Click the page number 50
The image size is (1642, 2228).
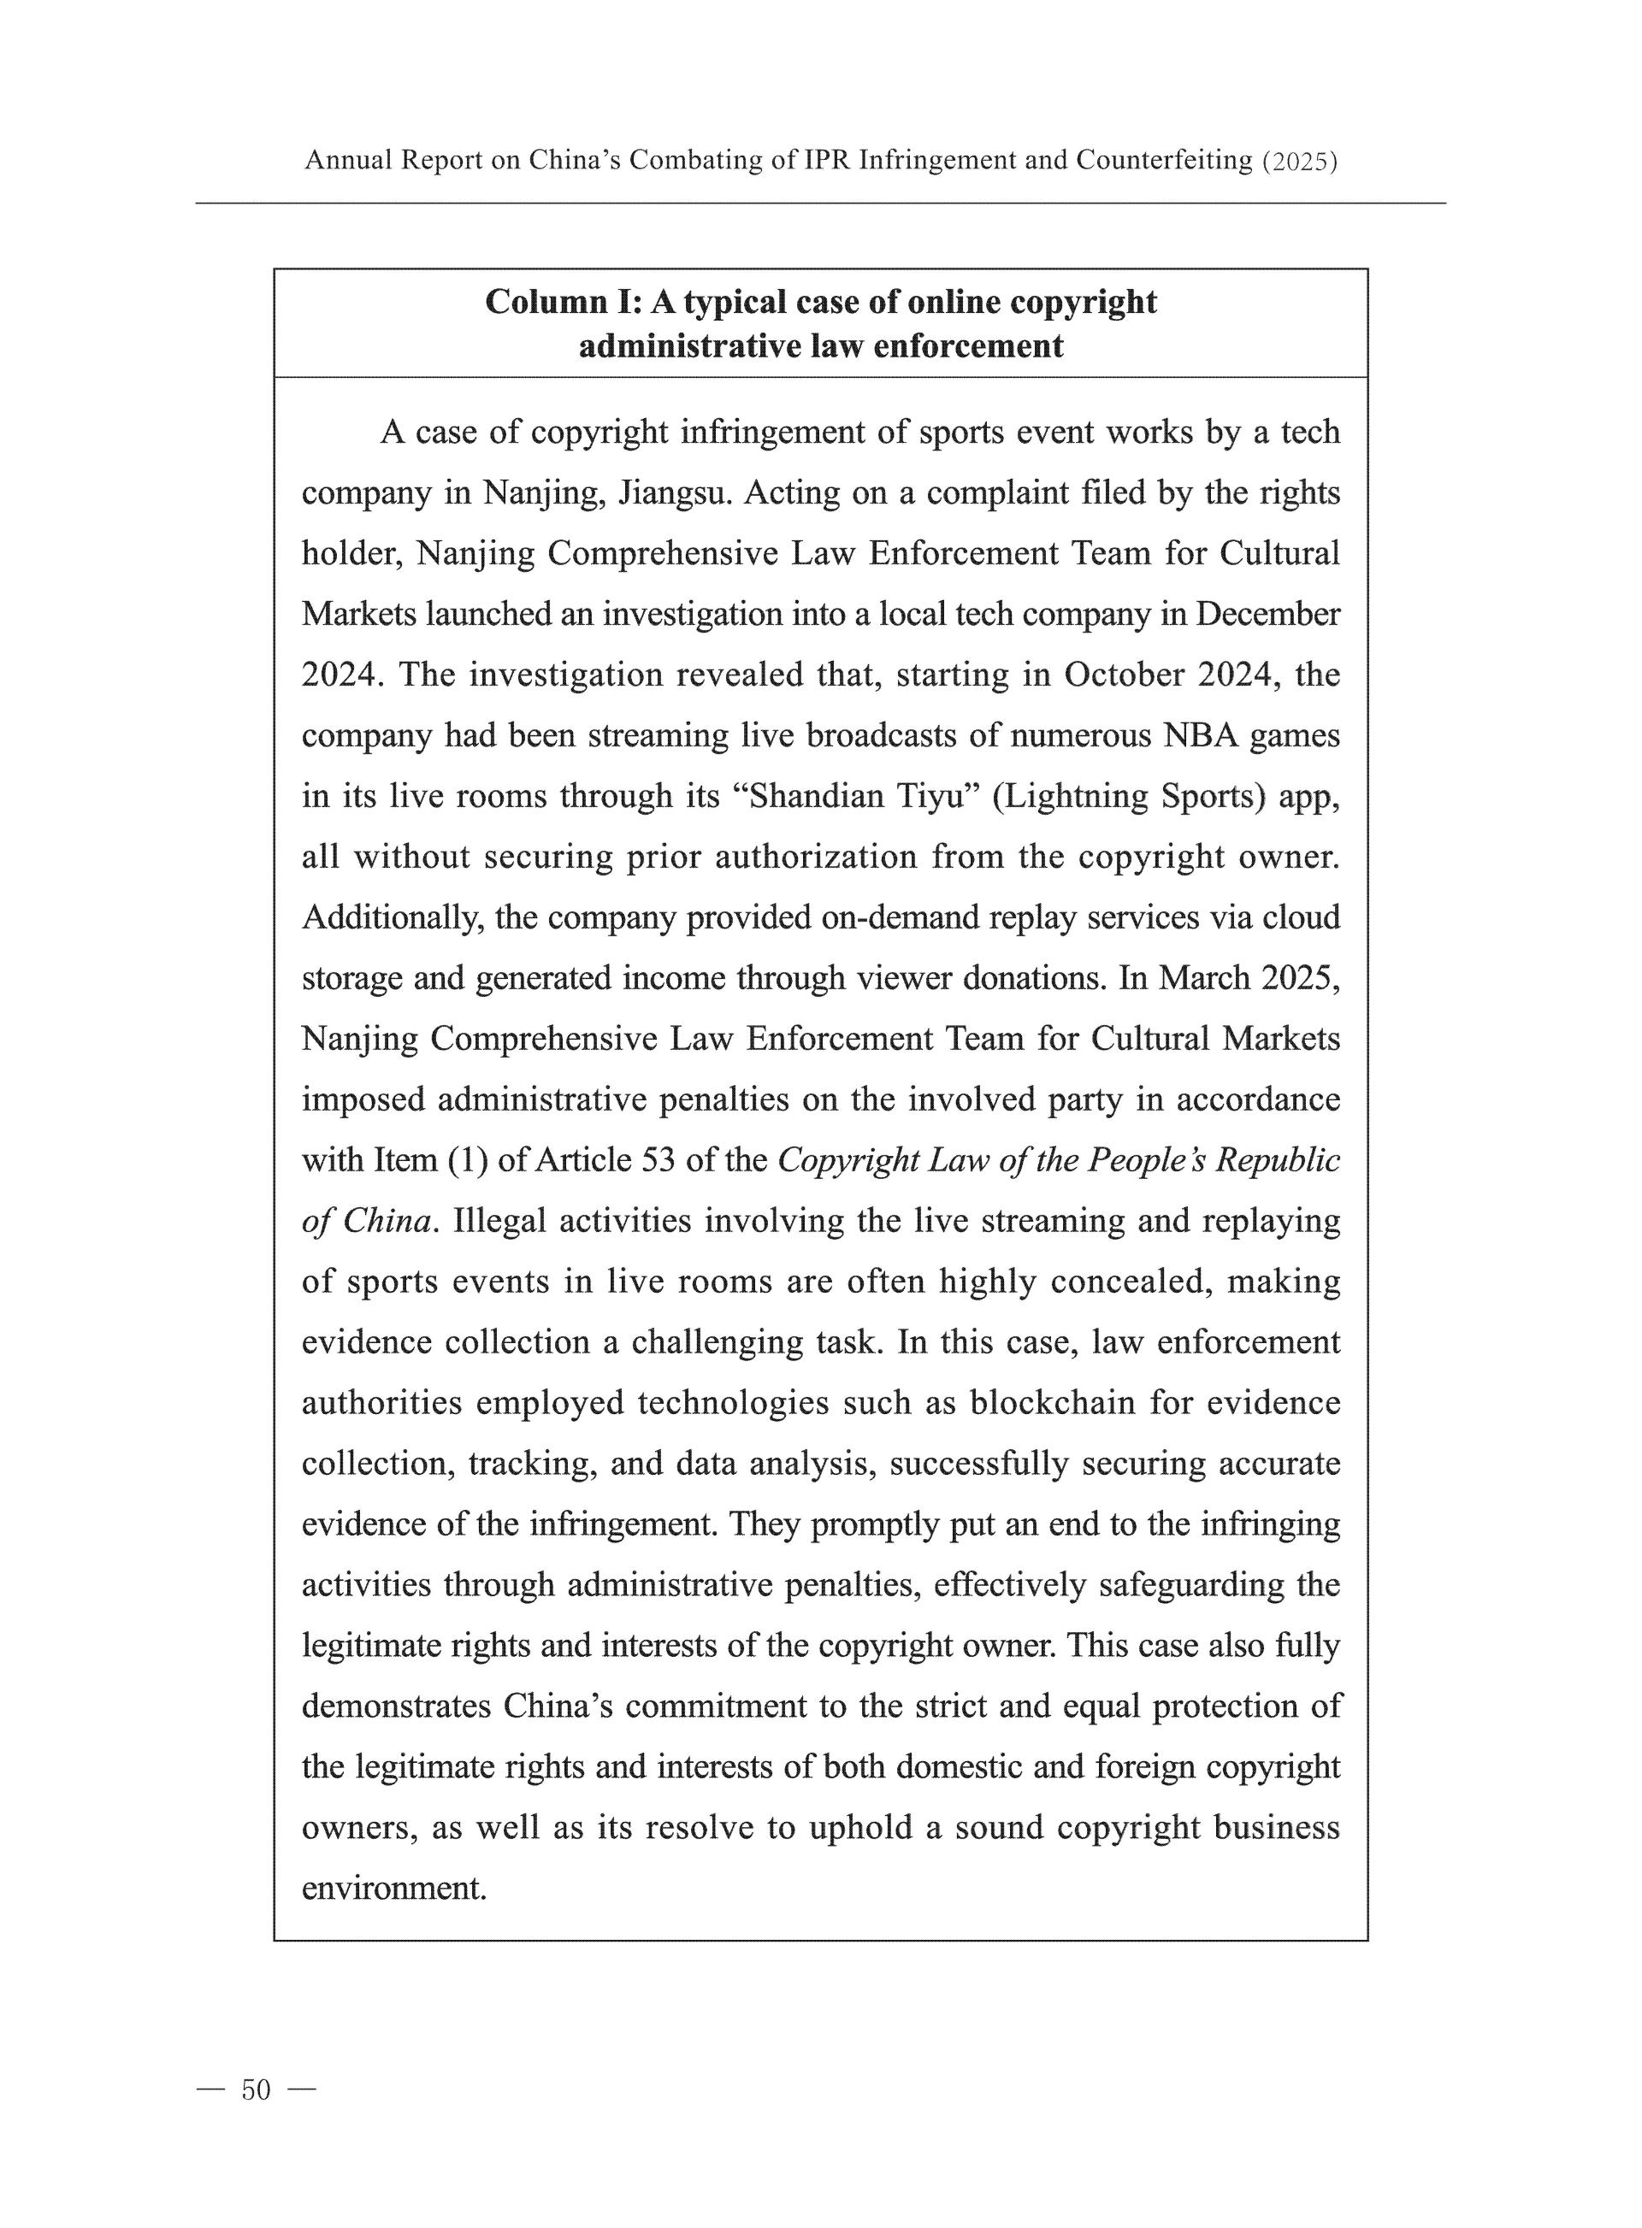[256, 2089]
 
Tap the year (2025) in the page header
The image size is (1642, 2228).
[1299, 161]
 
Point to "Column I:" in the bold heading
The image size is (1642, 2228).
[562, 302]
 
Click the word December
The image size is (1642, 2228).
[1267, 615]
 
